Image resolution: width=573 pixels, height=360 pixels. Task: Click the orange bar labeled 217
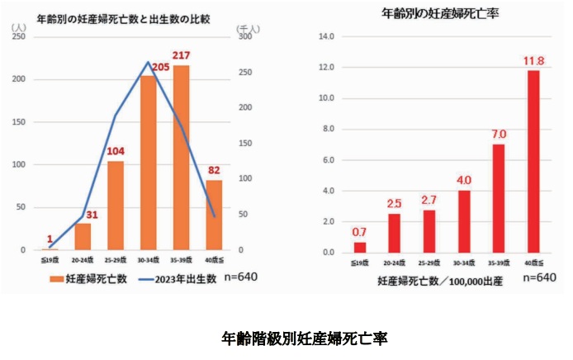[181, 157]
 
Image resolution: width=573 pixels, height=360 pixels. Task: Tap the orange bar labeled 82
[214, 215]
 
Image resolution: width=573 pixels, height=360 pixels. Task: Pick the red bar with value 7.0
[499, 198]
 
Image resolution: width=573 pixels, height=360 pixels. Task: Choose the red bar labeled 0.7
[360, 247]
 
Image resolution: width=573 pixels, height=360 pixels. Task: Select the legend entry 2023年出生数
[178, 278]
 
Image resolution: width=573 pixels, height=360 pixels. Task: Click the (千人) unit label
[247, 27]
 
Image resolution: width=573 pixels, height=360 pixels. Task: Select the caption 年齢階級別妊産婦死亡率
[305, 338]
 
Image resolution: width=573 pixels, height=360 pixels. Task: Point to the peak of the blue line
[149, 62]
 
